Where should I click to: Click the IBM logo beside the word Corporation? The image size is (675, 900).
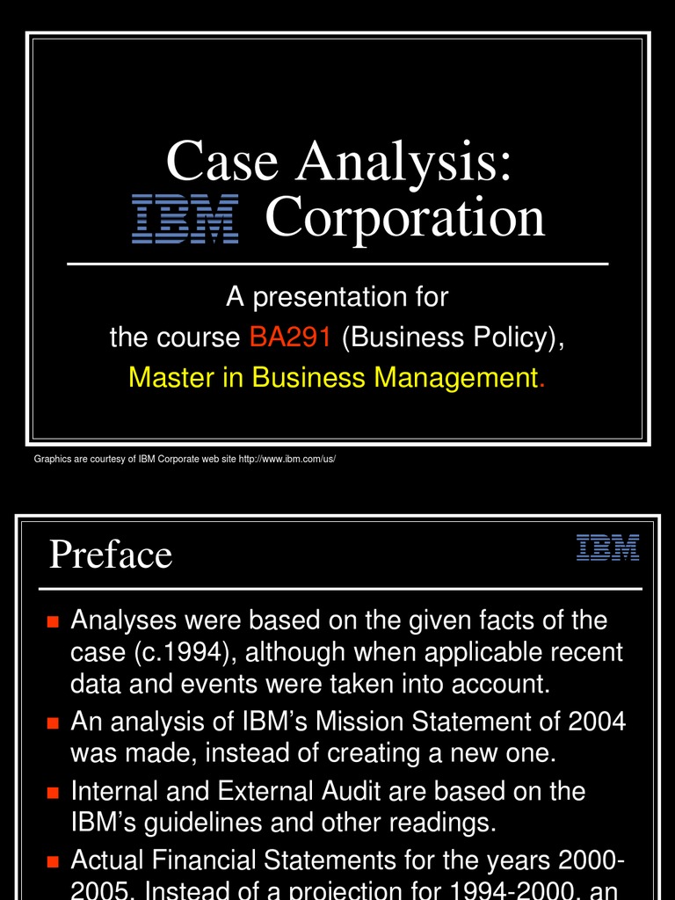(185, 220)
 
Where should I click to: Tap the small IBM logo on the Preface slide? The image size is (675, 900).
(607, 548)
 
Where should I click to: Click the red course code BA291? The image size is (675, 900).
(289, 337)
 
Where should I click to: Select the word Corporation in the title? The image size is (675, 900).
(404, 218)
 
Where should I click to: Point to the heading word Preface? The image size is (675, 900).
(111, 555)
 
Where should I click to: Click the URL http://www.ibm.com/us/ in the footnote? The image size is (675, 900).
(287, 460)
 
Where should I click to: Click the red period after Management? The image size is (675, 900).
(541, 379)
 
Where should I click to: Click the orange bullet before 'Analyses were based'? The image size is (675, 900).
(53, 622)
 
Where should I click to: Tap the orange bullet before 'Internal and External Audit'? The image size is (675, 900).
(53, 793)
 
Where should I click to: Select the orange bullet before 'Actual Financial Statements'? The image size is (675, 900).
(53, 860)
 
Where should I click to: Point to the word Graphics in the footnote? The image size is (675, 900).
(51, 460)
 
